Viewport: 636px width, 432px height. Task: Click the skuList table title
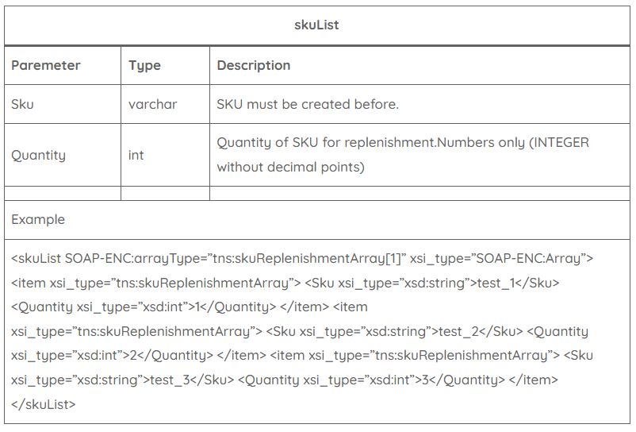[316, 25]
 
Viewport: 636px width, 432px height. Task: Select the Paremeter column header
[46, 65]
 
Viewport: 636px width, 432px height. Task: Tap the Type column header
[144, 66]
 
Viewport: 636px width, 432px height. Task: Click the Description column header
[254, 65]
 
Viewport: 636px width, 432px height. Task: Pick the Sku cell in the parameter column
[22, 104]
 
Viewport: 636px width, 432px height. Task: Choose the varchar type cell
[153, 104]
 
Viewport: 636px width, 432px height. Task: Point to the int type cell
[136, 155]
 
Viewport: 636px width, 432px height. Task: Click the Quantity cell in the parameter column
[39, 155]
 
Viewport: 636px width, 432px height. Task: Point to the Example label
[38, 220]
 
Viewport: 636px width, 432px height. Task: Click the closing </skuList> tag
[44, 404]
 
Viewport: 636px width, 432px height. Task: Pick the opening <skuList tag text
[36, 258]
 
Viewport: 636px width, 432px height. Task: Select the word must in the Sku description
[262, 104]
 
